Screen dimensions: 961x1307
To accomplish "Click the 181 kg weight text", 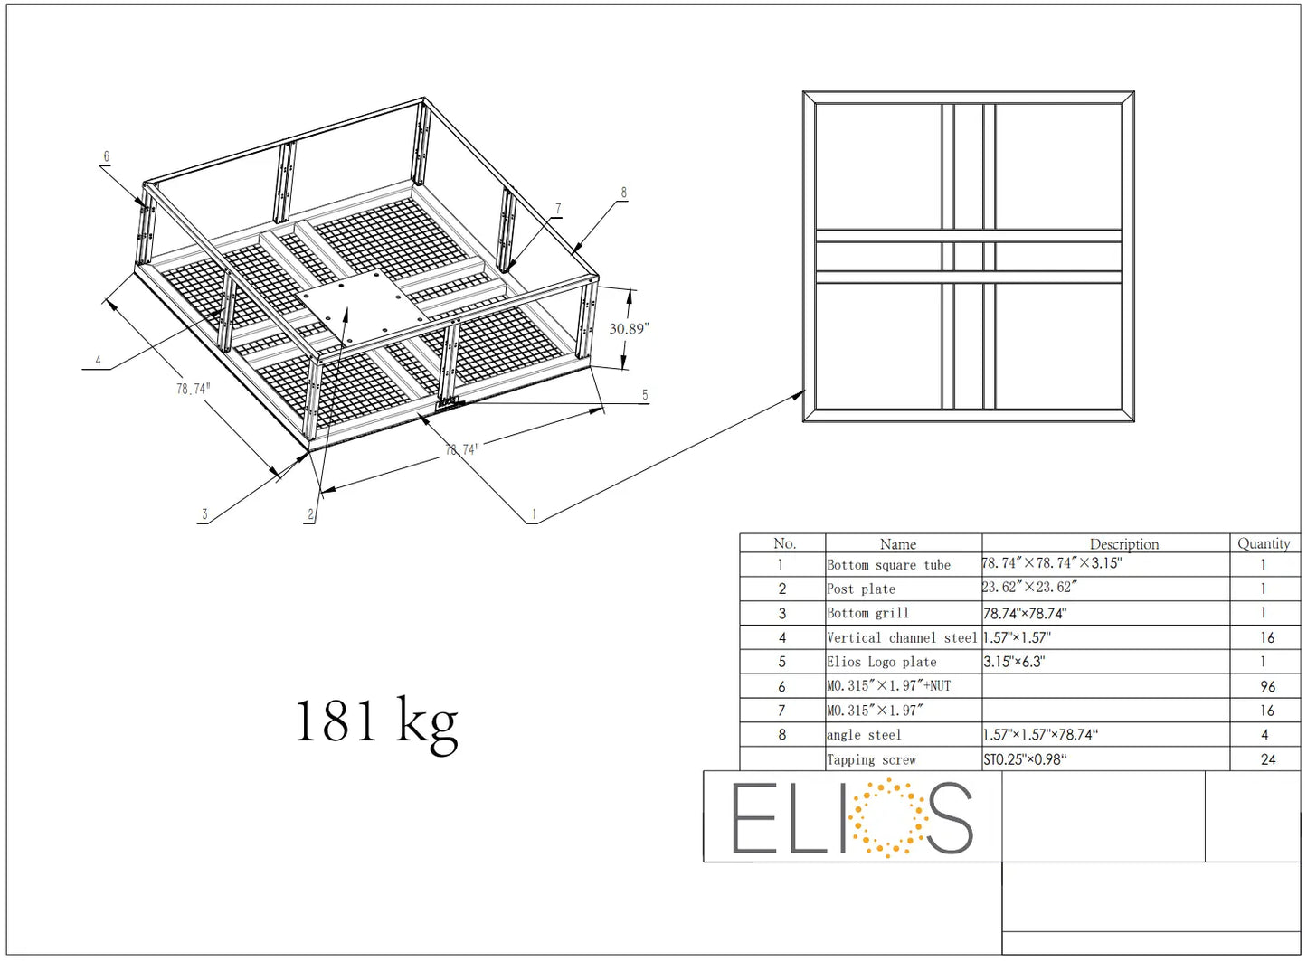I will point(375,721).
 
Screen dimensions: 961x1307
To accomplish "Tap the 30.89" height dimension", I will point(629,329).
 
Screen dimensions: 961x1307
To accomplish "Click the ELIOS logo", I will point(852,817).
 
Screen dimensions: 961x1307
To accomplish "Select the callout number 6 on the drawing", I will point(106,157).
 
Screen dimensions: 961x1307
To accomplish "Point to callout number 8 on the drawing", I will point(623,193).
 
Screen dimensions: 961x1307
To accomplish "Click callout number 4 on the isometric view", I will point(98,361).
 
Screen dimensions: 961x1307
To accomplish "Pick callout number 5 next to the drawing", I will point(645,395).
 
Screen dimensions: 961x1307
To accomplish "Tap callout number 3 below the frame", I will point(204,514).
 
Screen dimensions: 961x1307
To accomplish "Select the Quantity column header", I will point(1264,543).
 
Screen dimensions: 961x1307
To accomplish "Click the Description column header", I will point(1123,544).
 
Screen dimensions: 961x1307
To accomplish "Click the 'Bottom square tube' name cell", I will point(888,565).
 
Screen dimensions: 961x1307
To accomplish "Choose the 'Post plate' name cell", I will point(861,589).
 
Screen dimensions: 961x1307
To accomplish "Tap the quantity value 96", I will point(1267,686).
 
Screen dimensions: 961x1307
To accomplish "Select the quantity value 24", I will point(1267,759).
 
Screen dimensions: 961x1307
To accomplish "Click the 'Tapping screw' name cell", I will point(871,760).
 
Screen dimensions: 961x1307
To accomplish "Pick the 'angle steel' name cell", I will point(864,735).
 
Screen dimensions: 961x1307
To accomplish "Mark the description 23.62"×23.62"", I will point(1029,588).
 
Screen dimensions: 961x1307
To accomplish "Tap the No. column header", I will point(784,543).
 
